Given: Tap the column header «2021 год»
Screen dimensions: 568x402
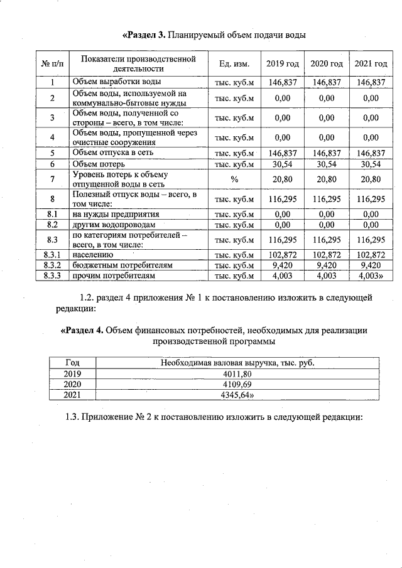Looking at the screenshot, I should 371,64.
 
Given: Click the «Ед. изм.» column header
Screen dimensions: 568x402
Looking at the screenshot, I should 234,64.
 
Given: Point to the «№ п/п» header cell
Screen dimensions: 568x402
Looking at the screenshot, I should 52,64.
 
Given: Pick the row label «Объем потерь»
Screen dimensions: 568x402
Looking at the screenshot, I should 99,164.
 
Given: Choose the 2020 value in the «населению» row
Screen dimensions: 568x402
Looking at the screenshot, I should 326,255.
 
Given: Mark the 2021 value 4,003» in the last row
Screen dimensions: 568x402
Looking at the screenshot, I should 371,275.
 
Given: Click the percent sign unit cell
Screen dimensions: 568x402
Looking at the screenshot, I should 234,179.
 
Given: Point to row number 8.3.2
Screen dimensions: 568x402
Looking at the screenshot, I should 53,265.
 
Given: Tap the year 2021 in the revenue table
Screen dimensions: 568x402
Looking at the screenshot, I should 73,394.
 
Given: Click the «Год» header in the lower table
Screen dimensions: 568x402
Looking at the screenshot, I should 73,362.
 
